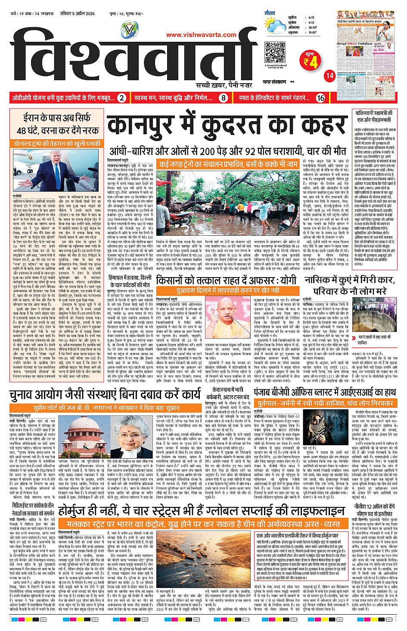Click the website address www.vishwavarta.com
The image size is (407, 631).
[201, 35]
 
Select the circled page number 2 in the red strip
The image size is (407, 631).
[122, 98]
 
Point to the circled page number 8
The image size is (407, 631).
[224, 98]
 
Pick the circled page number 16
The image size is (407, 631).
[320, 98]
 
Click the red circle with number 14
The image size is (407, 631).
[329, 75]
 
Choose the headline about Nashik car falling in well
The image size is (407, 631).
[349, 285]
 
